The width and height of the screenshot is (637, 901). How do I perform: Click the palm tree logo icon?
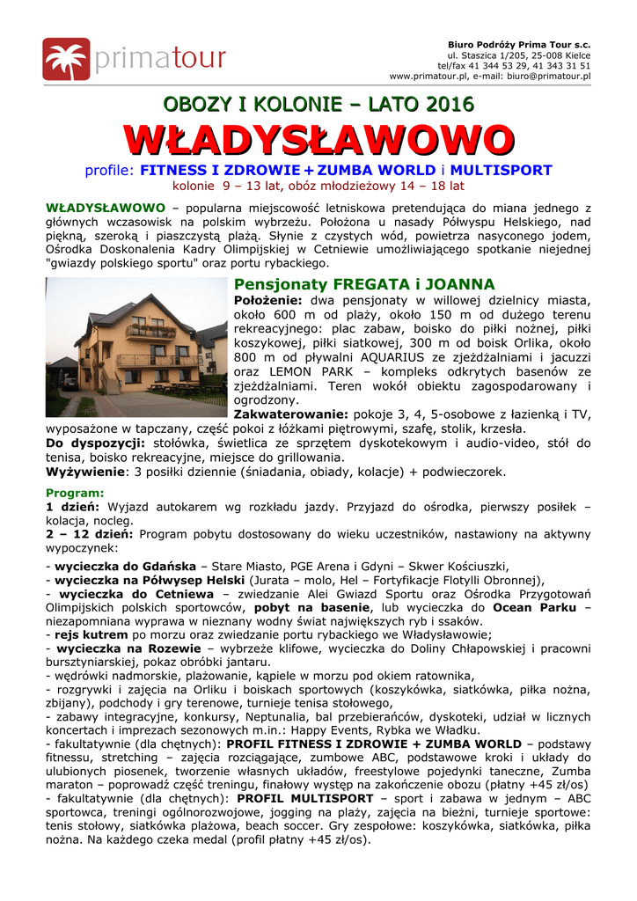click(x=65, y=59)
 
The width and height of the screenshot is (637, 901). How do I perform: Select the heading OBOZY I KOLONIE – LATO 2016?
click(x=318, y=105)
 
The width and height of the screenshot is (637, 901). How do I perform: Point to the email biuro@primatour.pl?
click(x=546, y=77)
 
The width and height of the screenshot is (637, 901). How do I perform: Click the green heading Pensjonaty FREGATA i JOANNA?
click(x=364, y=284)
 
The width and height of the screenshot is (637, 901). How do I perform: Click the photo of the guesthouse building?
click(x=136, y=348)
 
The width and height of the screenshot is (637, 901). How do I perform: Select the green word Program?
click(x=75, y=493)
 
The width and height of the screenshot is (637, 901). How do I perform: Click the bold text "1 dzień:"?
click(x=75, y=507)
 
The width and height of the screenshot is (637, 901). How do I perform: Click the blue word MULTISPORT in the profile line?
click(x=503, y=170)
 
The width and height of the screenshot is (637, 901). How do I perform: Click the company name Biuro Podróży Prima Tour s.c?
click(x=519, y=45)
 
